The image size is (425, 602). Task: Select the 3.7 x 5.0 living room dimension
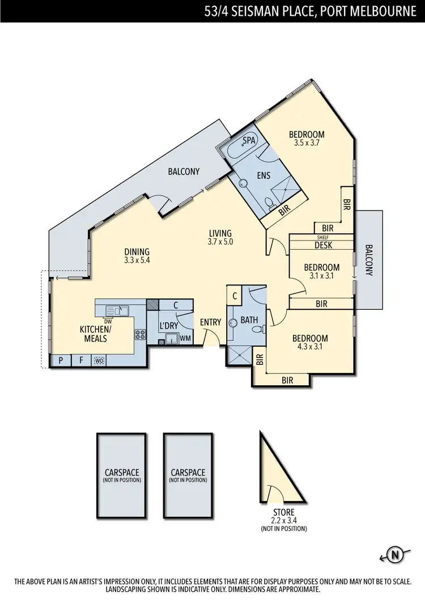(x=220, y=241)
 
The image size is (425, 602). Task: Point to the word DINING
(x=137, y=252)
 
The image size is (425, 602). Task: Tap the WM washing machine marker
(x=185, y=339)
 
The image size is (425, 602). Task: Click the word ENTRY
(x=210, y=322)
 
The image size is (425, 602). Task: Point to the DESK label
(x=323, y=246)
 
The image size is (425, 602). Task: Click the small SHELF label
(x=323, y=238)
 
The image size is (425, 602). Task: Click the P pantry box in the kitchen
(x=59, y=360)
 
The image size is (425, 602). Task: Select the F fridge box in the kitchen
(x=80, y=360)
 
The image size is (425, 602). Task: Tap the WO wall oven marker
(x=99, y=360)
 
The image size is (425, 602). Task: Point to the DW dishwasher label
(x=107, y=320)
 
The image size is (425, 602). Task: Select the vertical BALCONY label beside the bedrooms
(x=368, y=260)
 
